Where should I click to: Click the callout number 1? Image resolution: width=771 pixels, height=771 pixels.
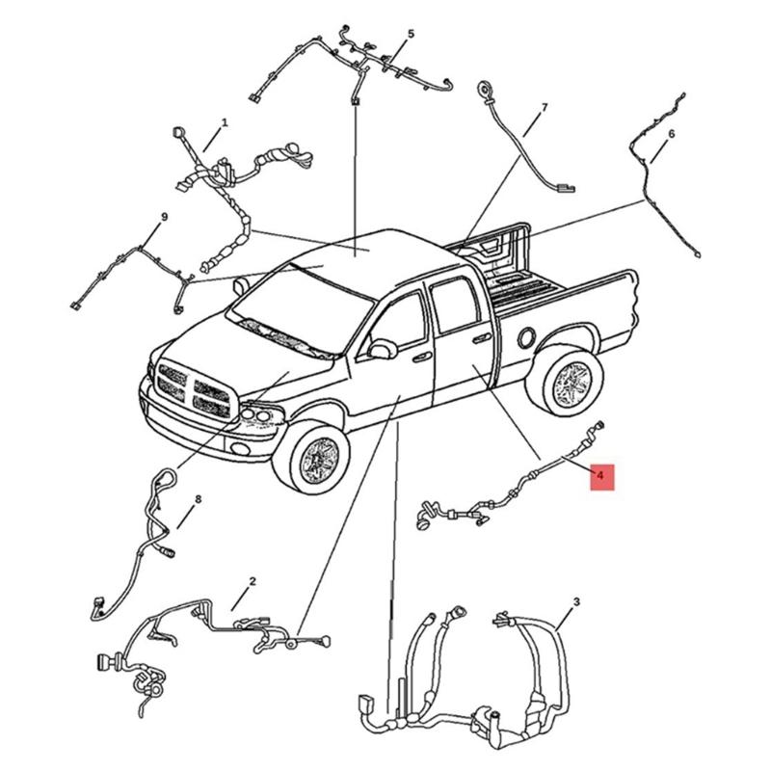225,122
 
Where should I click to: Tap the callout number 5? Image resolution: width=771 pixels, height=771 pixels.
411,34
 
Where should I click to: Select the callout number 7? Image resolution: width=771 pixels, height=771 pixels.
544,107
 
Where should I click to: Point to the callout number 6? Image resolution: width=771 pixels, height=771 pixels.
672,133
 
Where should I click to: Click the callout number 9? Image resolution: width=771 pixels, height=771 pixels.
165,217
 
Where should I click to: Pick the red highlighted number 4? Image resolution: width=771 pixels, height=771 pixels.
601,476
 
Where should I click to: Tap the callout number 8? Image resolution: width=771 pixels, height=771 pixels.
198,499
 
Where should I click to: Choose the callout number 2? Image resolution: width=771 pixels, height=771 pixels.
253,581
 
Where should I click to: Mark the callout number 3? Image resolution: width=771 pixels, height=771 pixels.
576,602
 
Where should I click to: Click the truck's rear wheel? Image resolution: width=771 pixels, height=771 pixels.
569,381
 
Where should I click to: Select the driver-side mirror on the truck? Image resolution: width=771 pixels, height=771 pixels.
382,348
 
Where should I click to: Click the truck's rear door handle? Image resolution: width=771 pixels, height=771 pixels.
479,337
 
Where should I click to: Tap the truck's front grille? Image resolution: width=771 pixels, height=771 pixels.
195,385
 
